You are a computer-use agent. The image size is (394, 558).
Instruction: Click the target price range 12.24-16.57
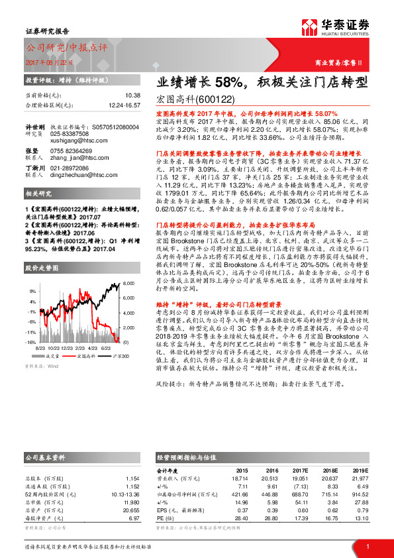tap(124, 105)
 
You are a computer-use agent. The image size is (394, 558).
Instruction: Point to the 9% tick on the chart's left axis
tap(32, 291)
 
